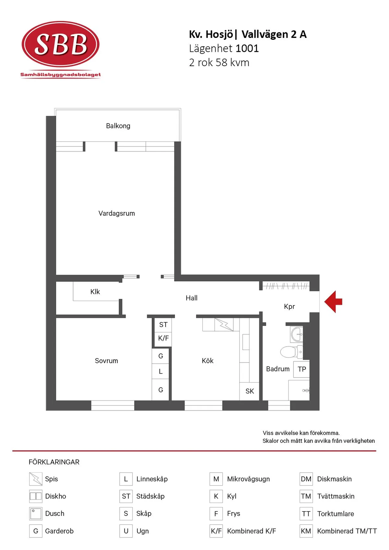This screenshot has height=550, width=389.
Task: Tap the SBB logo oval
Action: pyautogui.click(x=60, y=44)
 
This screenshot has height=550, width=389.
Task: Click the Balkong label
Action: pyautogui.click(x=118, y=126)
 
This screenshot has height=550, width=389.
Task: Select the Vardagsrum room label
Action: pyautogui.click(x=117, y=213)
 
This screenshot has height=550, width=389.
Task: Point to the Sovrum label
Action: pyautogui.click(x=106, y=361)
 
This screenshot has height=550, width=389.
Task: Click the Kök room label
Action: pyautogui.click(x=207, y=361)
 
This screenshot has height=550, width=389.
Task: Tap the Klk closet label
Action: pyautogui.click(x=95, y=292)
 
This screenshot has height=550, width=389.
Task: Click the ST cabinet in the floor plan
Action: pyautogui.click(x=163, y=325)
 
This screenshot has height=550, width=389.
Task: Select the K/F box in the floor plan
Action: pyautogui.click(x=163, y=339)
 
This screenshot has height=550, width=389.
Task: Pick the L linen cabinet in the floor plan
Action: pyautogui.click(x=160, y=371)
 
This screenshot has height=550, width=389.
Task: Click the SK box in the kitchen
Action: pyautogui.click(x=250, y=392)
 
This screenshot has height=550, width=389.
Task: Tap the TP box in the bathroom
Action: pyautogui.click(x=301, y=369)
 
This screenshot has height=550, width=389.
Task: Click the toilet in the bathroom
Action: pyautogui.click(x=291, y=352)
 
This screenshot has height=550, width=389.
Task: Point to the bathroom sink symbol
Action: pyautogui.click(x=297, y=334)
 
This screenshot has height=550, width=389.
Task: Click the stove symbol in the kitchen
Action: pyautogui.click(x=224, y=325)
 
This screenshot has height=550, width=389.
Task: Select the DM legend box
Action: pyautogui.click(x=306, y=479)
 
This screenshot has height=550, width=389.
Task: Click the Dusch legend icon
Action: pyautogui.click(x=36, y=514)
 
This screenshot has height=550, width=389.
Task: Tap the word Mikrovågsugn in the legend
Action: pyautogui.click(x=248, y=479)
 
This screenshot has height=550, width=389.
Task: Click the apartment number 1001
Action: pyautogui.click(x=247, y=48)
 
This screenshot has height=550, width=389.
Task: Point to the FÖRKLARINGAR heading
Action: pyautogui.click(x=54, y=462)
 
